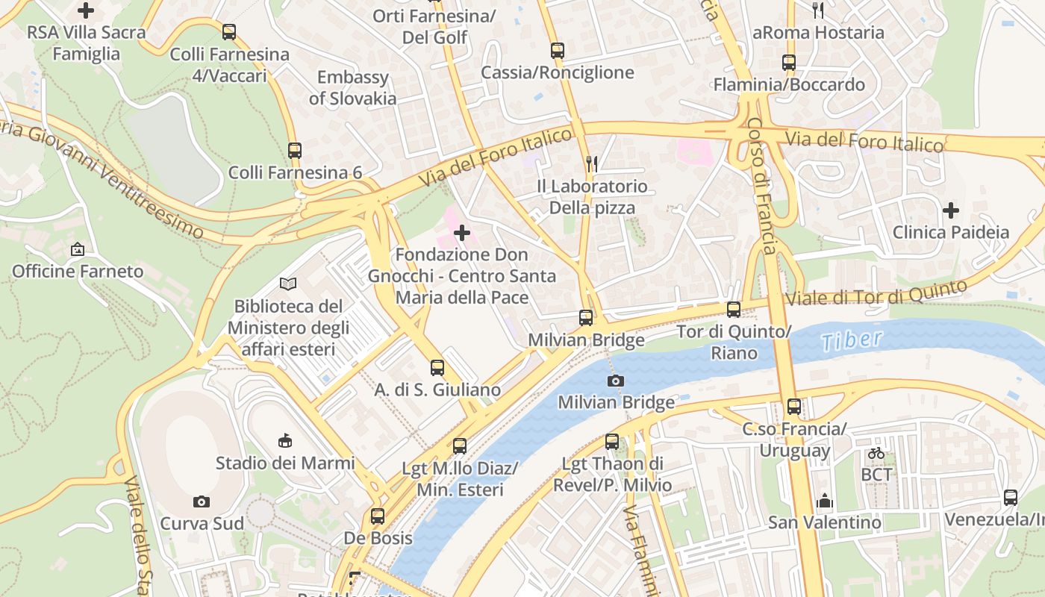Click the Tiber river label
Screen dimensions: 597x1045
(851, 340)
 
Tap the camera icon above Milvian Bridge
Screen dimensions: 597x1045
(615, 381)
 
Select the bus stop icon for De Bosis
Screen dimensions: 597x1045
(378, 516)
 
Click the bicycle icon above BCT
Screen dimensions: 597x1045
(876, 453)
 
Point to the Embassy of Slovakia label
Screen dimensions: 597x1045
(352, 87)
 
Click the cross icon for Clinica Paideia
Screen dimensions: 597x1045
(950, 210)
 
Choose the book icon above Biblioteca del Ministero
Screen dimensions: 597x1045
(288, 284)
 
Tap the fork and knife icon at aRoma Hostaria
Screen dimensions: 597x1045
(818, 10)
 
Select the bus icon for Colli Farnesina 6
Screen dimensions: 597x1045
(295, 151)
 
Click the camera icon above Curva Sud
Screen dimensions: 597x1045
(202, 501)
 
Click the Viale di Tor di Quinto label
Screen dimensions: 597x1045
(877, 293)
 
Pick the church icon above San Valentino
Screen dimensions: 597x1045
(824, 501)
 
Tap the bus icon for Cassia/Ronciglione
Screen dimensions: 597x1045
(558, 51)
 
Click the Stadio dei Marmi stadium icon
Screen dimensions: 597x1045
(284, 441)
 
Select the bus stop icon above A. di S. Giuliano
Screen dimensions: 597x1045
(437, 368)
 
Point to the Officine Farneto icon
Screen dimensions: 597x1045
(78, 249)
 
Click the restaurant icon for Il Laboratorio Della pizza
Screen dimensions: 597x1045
(592, 164)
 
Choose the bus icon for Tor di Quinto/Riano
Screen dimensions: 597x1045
(734, 310)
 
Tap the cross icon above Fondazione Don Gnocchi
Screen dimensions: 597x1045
(462, 233)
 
